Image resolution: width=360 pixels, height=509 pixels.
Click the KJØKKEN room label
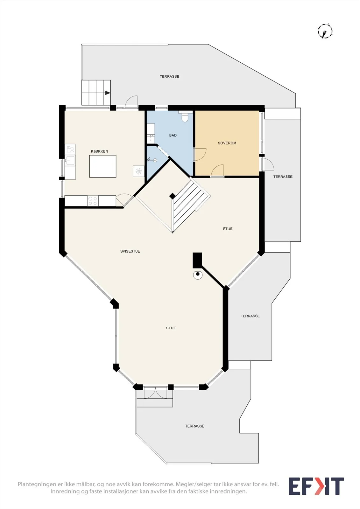pyautogui.click(x=99, y=151)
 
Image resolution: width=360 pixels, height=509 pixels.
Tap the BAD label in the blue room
pyautogui.click(x=173, y=136)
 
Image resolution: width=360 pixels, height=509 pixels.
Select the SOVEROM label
pyautogui.click(x=227, y=143)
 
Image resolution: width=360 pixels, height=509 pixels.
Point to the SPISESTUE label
pyautogui.click(x=130, y=251)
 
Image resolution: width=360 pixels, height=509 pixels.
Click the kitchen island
pyautogui.click(x=103, y=166)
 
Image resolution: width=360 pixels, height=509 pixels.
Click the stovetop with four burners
pyautogui.click(x=93, y=201)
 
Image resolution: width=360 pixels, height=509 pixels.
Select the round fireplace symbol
pyautogui.click(x=198, y=275)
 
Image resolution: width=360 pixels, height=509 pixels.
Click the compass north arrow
pyautogui.click(x=325, y=34)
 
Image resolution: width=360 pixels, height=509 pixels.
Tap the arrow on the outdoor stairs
pyautogui.click(x=108, y=93)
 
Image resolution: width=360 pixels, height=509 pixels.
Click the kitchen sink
pyautogui.click(x=70, y=161)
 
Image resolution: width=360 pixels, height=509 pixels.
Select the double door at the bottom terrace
pyautogui.click(x=155, y=393)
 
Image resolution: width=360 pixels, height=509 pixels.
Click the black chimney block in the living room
pyautogui.click(x=197, y=260)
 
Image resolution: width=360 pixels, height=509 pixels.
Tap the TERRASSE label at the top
pyautogui.click(x=169, y=77)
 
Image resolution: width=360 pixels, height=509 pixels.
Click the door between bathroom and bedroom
pyautogui.click(x=200, y=155)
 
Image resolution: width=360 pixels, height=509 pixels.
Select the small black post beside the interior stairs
pyautogui.click(x=173, y=196)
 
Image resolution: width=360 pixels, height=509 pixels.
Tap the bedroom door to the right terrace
pyautogui.click(x=267, y=164)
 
